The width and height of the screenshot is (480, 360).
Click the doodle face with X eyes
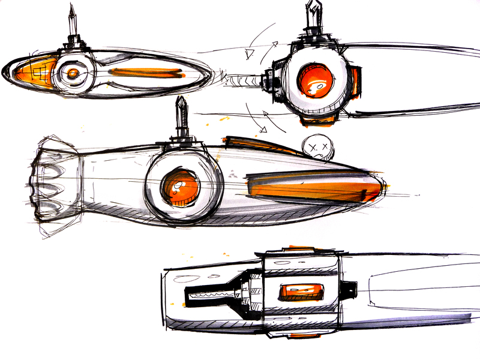[x=316, y=146]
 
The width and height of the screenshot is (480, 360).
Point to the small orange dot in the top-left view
[x=72, y=73]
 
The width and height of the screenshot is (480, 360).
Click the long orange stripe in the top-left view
[x=148, y=73]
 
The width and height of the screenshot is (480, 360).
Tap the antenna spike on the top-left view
[x=72, y=21]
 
